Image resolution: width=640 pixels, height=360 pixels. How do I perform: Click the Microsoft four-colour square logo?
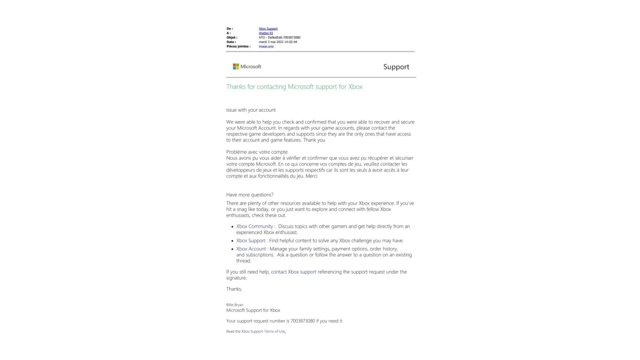(236, 67)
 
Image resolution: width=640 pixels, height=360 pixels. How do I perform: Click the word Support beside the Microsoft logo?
(396, 67)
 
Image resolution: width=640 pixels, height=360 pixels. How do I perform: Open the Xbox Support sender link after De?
(268, 29)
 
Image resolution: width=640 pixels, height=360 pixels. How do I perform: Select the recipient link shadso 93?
(266, 33)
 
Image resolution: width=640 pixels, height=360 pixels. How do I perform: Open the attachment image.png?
(266, 46)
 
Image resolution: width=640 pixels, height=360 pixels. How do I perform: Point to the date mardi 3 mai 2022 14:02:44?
(278, 42)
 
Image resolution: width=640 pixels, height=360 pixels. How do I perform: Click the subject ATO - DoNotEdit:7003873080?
(279, 37)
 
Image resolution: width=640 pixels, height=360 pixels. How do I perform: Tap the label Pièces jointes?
(238, 46)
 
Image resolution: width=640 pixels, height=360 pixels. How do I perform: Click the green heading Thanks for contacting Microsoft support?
(294, 87)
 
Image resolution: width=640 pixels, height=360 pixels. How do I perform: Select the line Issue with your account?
(251, 110)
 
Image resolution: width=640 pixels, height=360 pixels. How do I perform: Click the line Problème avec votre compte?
(257, 152)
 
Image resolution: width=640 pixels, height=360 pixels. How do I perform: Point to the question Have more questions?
(249, 195)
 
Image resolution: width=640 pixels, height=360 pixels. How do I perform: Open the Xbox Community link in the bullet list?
(254, 226)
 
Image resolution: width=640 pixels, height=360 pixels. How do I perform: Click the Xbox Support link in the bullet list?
(251, 240)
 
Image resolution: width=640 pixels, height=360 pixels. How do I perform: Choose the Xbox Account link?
(251, 249)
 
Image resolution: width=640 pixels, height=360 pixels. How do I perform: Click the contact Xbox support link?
(293, 272)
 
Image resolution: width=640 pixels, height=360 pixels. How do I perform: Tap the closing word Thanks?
(234, 289)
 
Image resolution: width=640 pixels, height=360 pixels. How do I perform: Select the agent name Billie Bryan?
(235, 305)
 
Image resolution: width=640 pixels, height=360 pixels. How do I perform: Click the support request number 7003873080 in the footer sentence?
(302, 321)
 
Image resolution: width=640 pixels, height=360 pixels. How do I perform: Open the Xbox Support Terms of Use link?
(263, 332)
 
